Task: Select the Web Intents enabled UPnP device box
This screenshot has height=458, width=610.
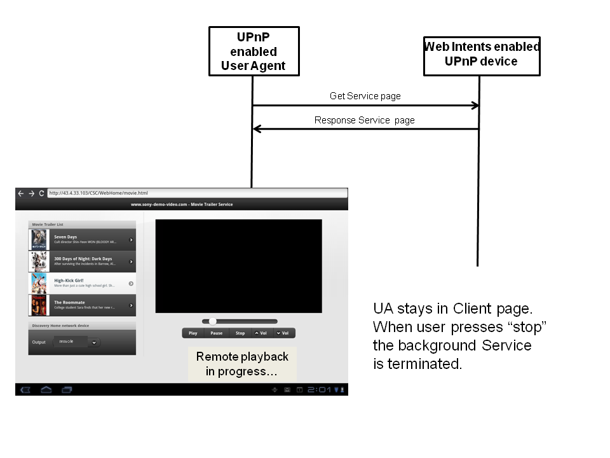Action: pyautogui.click(x=481, y=55)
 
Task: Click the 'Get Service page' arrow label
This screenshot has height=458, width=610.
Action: pyautogui.click(x=365, y=96)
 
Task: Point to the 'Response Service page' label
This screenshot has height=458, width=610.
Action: pyautogui.click(x=364, y=120)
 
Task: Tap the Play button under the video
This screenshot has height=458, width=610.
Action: pyautogui.click(x=193, y=333)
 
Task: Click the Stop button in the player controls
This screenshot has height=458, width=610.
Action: pyautogui.click(x=240, y=333)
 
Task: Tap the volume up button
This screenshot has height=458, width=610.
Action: pyautogui.click(x=261, y=333)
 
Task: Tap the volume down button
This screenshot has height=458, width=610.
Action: pyautogui.click(x=283, y=333)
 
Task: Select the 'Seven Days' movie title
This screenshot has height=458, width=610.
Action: pyautogui.click(x=65, y=237)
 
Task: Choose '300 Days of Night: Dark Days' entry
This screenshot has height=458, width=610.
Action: pyautogui.click(x=83, y=259)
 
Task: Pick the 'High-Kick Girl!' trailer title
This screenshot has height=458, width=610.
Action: pyautogui.click(x=69, y=281)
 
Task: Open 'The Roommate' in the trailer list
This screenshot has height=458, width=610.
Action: pyautogui.click(x=69, y=302)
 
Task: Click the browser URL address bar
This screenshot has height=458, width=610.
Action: pyautogui.click(x=197, y=193)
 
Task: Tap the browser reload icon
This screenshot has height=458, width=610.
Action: pyautogui.click(x=41, y=193)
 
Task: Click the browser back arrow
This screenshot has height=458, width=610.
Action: pyautogui.click(x=20, y=193)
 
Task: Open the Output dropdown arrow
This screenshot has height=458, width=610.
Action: pyautogui.click(x=94, y=342)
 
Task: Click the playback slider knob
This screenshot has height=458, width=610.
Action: pyautogui.click(x=212, y=321)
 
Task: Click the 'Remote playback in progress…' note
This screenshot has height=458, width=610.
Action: pyautogui.click(x=242, y=364)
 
